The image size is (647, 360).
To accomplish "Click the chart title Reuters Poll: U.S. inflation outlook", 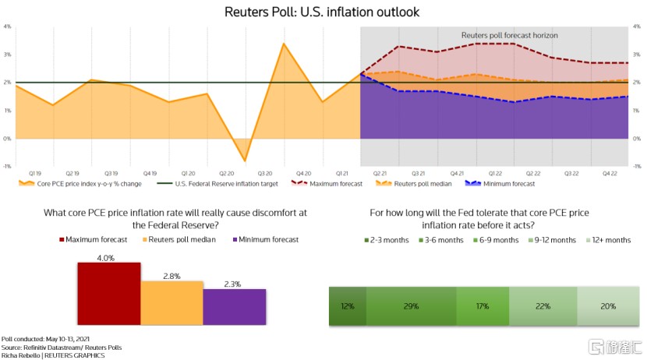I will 322,12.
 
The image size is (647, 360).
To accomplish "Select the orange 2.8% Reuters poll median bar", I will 171,297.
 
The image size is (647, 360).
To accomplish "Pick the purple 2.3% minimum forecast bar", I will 234,301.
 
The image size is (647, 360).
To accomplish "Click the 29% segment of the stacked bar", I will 411,306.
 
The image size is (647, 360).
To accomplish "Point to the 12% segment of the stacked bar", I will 348,306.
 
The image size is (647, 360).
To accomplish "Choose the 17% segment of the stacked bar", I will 483,306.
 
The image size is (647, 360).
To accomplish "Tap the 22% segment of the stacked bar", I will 543,306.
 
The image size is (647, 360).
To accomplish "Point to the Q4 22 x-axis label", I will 609,174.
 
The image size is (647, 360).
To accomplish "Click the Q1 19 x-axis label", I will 35,174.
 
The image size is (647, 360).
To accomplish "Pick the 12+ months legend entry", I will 608,240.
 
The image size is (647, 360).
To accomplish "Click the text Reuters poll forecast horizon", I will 510,36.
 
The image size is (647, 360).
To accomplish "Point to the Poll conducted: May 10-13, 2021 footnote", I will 43,340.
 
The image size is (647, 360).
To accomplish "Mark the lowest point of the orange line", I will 245,161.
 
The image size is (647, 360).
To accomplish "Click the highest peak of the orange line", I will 283,43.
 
